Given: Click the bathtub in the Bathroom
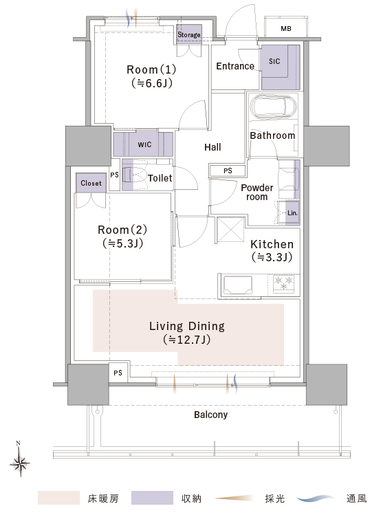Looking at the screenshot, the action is pyautogui.click(x=273, y=107).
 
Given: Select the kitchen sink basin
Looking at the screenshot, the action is pyautogui.click(x=238, y=285).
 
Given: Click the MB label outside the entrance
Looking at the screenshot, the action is pyautogui.click(x=286, y=29).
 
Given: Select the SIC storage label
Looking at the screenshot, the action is pyautogui.click(x=274, y=61).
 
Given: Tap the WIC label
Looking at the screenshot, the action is pyautogui.click(x=144, y=144).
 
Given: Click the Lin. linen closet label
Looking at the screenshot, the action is pyautogui.click(x=292, y=213).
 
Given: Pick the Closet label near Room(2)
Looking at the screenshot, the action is pyautogui.click(x=91, y=183).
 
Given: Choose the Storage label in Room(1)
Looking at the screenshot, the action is pyautogui.click(x=189, y=34).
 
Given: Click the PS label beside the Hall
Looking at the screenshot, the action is pyautogui.click(x=228, y=171).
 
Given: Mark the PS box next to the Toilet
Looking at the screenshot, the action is pyautogui.click(x=114, y=175).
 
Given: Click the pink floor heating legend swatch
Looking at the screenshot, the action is pyautogui.click(x=58, y=498).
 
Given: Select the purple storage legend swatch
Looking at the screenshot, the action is pyautogui.click(x=152, y=498).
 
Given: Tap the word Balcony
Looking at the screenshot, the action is pyautogui.click(x=211, y=415).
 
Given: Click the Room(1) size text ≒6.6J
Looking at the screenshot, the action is pyautogui.click(x=152, y=83).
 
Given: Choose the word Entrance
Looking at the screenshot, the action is pyautogui.click(x=235, y=66).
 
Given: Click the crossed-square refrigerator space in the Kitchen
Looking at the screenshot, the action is pyautogui.click(x=230, y=230).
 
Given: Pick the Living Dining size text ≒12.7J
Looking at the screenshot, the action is pyautogui.click(x=186, y=339).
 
